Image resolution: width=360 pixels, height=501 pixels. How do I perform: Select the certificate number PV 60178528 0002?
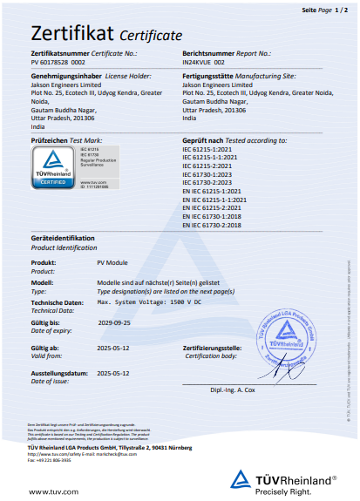(58, 64)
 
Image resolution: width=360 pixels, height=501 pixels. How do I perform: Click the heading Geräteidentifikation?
(62, 237)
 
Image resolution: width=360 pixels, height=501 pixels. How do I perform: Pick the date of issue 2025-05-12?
(114, 372)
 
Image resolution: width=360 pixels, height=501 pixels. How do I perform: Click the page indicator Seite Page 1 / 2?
(323, 8)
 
